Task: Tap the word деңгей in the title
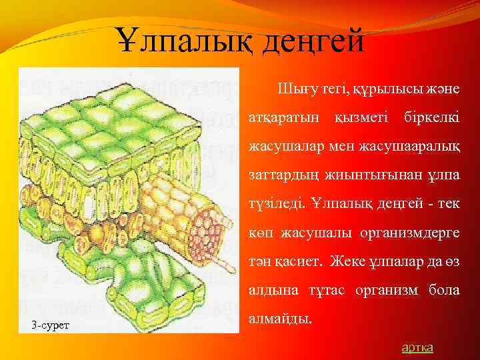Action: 313,41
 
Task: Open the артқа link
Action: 417,347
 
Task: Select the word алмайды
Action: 280,319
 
